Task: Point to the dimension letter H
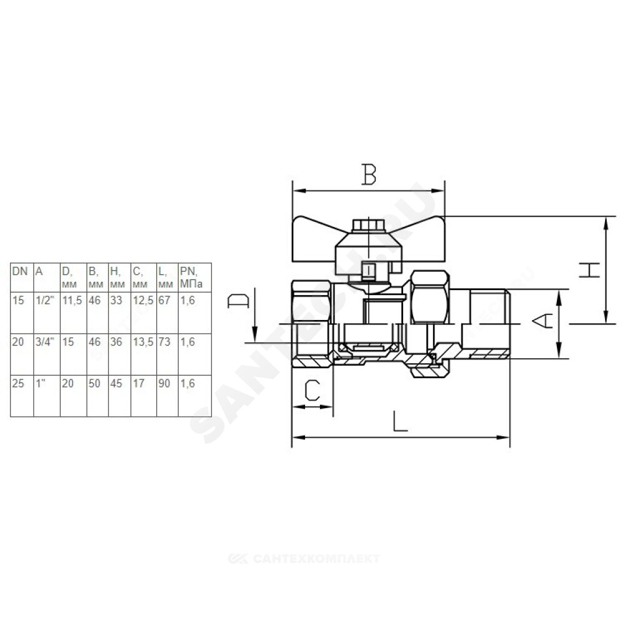click(x=589, y=270)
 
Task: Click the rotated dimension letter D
click(x=238, y=302)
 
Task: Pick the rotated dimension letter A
click(x=543, y=321)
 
